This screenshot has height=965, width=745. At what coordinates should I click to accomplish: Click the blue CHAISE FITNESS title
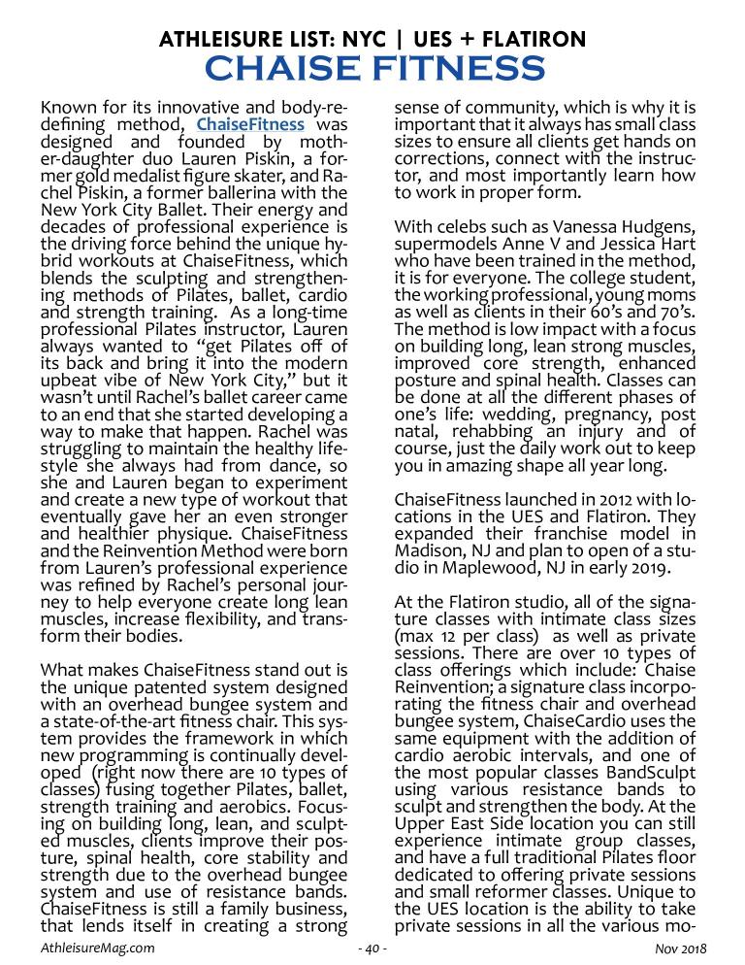[x=373, y=70]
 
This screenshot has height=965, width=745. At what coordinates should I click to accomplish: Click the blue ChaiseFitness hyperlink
[x=250, y=124]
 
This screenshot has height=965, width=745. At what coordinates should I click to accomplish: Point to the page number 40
[x=372, y=947]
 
